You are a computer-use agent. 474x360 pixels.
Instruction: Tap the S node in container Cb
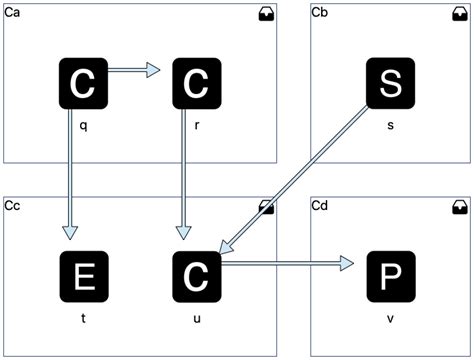(x=389, y=84)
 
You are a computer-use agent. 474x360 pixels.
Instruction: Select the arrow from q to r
(x=134, y=70)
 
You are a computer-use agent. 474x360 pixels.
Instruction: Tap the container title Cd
(x=320, y=205)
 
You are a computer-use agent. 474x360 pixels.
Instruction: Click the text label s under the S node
(x=389, y=129)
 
